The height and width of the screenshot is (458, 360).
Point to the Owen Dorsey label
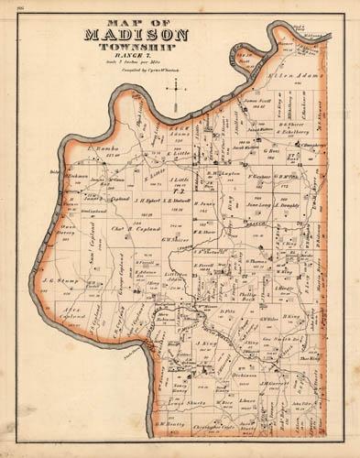coord(67,233)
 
